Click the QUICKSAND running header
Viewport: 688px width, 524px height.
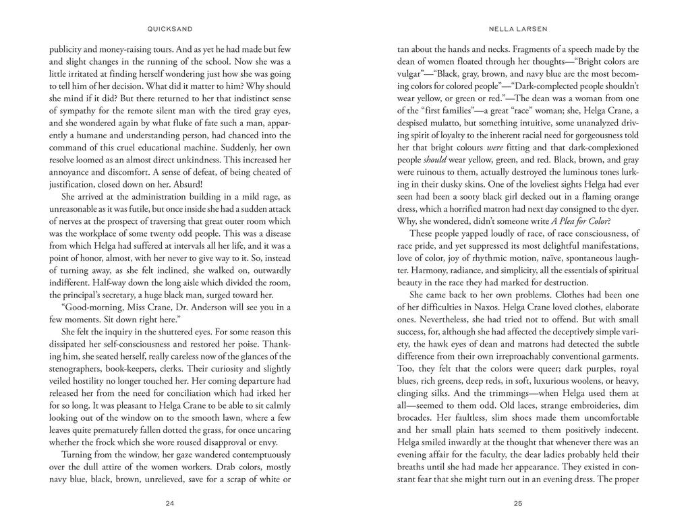(x=169, y=29)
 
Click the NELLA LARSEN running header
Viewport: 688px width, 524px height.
(x=517, y=29)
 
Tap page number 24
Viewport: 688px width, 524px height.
(x=169, y=503)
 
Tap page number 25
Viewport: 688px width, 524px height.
(x=517, y=503)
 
